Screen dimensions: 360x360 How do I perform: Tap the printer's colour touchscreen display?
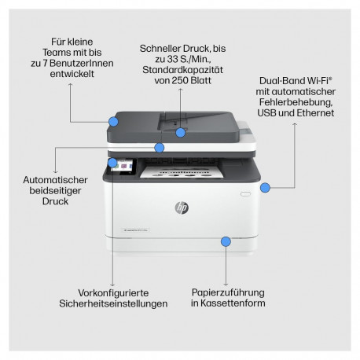click(x=126, y=167)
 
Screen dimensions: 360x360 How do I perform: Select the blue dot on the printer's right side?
click(x=266, y=187)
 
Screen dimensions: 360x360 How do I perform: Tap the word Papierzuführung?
click(x=226, y=290)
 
